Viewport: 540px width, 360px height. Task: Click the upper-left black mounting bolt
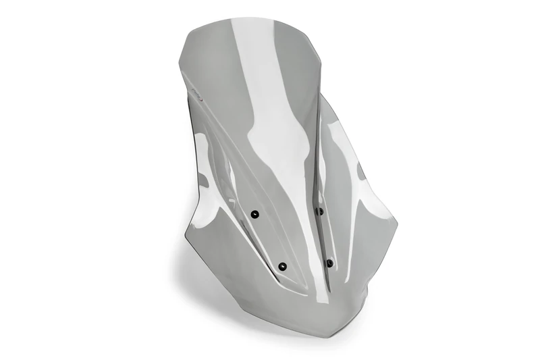[254, 214]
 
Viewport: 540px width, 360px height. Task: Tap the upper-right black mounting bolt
[320, 211]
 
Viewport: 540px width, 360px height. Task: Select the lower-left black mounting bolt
[282, 266]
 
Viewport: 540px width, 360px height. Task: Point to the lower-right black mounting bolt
[329, 263]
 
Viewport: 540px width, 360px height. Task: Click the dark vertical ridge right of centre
[317, 149]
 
